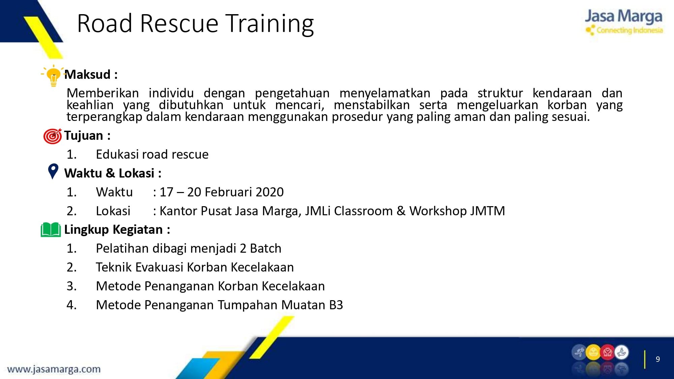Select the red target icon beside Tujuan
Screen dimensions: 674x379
click(x=53, y=136)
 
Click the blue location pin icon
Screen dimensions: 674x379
click(x=53, y=171)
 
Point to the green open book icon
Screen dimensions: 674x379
click(x=51, y=229)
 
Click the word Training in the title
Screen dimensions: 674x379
click(x=269, y=24)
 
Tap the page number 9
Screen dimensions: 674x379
click(x=657, y=359)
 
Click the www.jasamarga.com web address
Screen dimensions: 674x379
click(x=54, y=369)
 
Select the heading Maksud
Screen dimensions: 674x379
click(x=87, y=74)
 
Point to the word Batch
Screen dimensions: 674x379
click(x=266, y=248)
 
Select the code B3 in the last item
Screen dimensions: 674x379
click(x=336, y=305)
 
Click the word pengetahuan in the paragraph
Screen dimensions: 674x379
click(x=292, y=93)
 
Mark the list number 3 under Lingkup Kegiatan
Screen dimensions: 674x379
click(x=70, y=286)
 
